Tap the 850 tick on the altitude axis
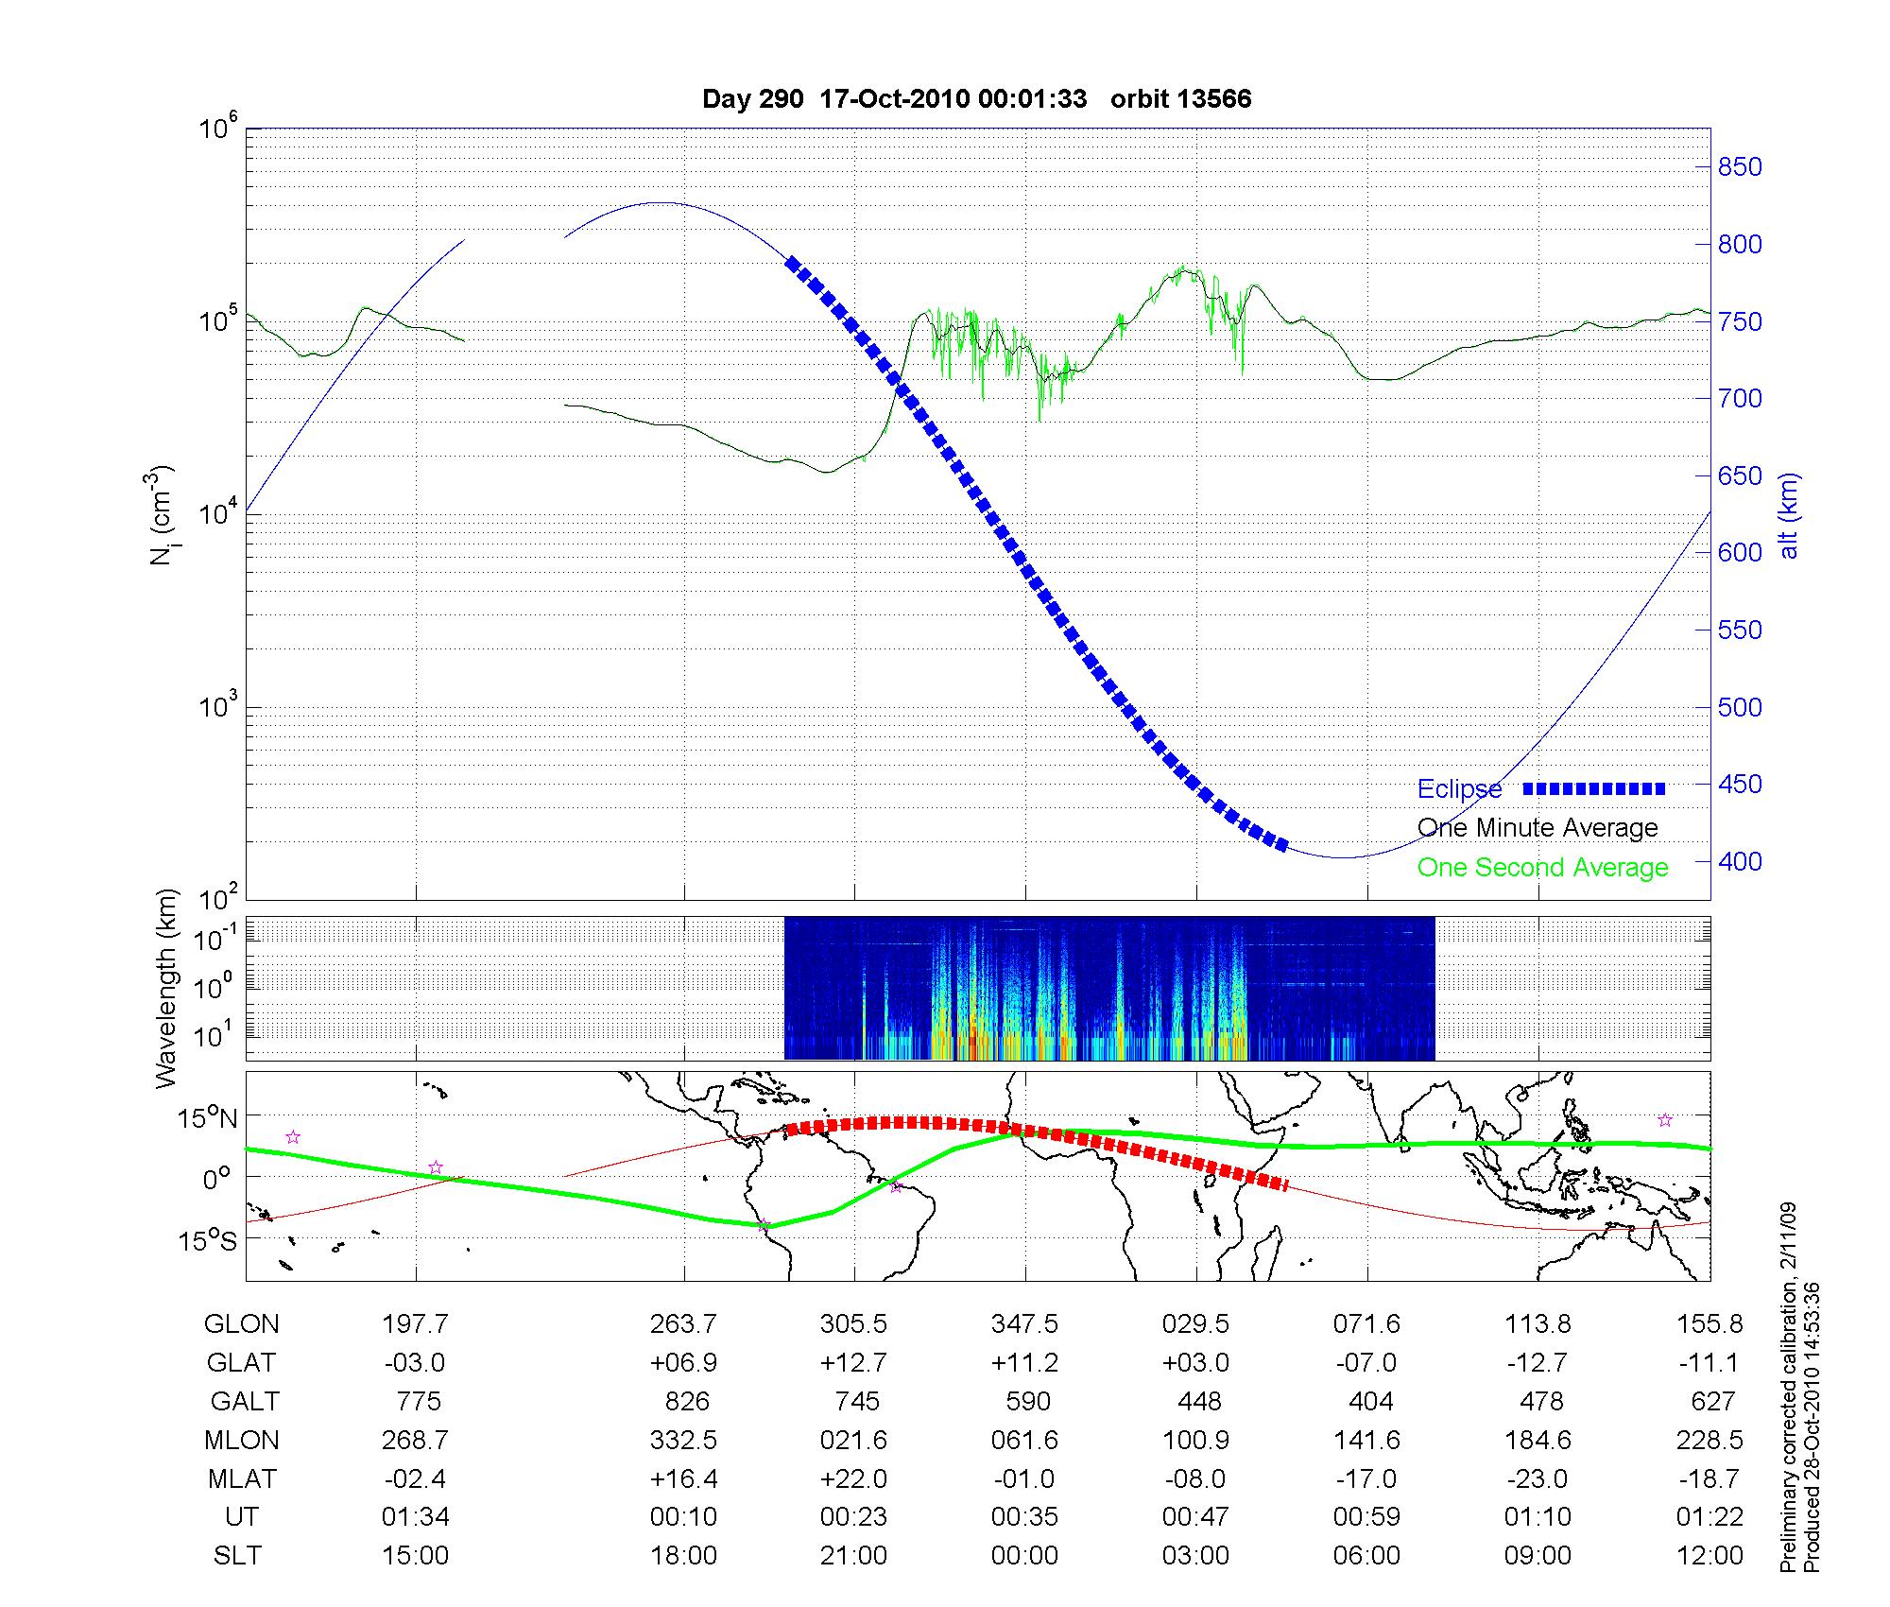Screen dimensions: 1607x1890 point(1739,167)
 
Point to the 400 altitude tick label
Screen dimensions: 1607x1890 point(1739,861)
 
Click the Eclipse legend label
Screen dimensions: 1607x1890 point(1459,789)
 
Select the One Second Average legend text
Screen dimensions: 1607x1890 point(1542,868)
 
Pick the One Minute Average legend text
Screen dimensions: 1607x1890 point(1538,828)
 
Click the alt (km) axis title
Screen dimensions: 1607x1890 point(1790,515)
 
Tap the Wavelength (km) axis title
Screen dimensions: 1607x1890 point(166,989)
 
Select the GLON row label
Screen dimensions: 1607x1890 point(242,1324)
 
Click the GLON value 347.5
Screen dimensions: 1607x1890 point(1024,1324)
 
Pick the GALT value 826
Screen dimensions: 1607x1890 point(686,1401)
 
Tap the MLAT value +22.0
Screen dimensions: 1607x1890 point(853,1478)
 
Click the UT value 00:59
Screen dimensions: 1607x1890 point(1366,1517)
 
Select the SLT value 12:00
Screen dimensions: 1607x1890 point(1710,1556)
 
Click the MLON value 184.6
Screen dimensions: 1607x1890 point(1538,1440)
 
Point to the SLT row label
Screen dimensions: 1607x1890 point(237,1556)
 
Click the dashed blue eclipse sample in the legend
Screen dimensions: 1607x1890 point(1594,788)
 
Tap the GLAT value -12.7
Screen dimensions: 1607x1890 point(1538,1363)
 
